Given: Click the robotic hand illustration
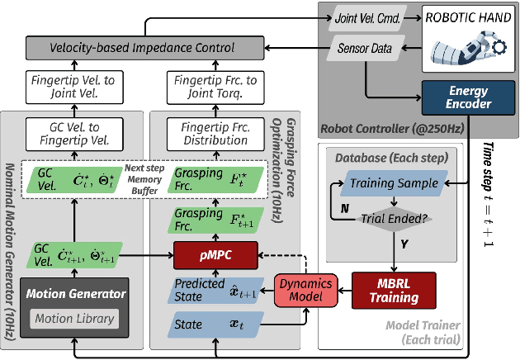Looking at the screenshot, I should (467, 45).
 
